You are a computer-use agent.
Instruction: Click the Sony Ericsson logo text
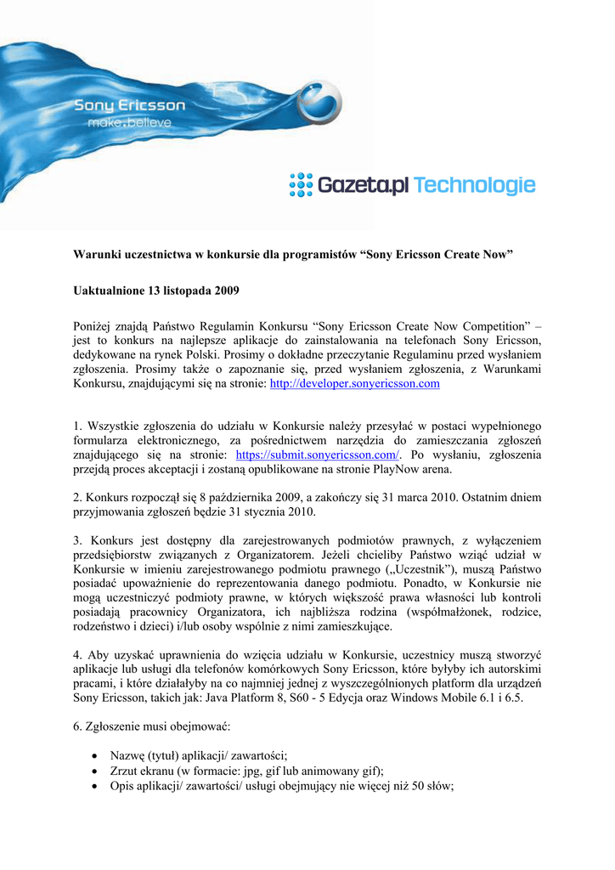(x=129, y=106)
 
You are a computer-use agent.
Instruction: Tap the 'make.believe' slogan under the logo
(x=130, y=123)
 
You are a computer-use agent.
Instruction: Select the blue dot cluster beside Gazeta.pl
(x=301, y=185)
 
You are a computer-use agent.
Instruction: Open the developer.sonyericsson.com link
(x=354, y=384)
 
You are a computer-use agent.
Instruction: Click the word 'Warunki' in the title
(x=95, y=255)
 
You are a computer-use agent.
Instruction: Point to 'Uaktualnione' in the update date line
(x=109, y=291)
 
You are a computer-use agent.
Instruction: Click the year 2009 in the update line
(x=225, y=291)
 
